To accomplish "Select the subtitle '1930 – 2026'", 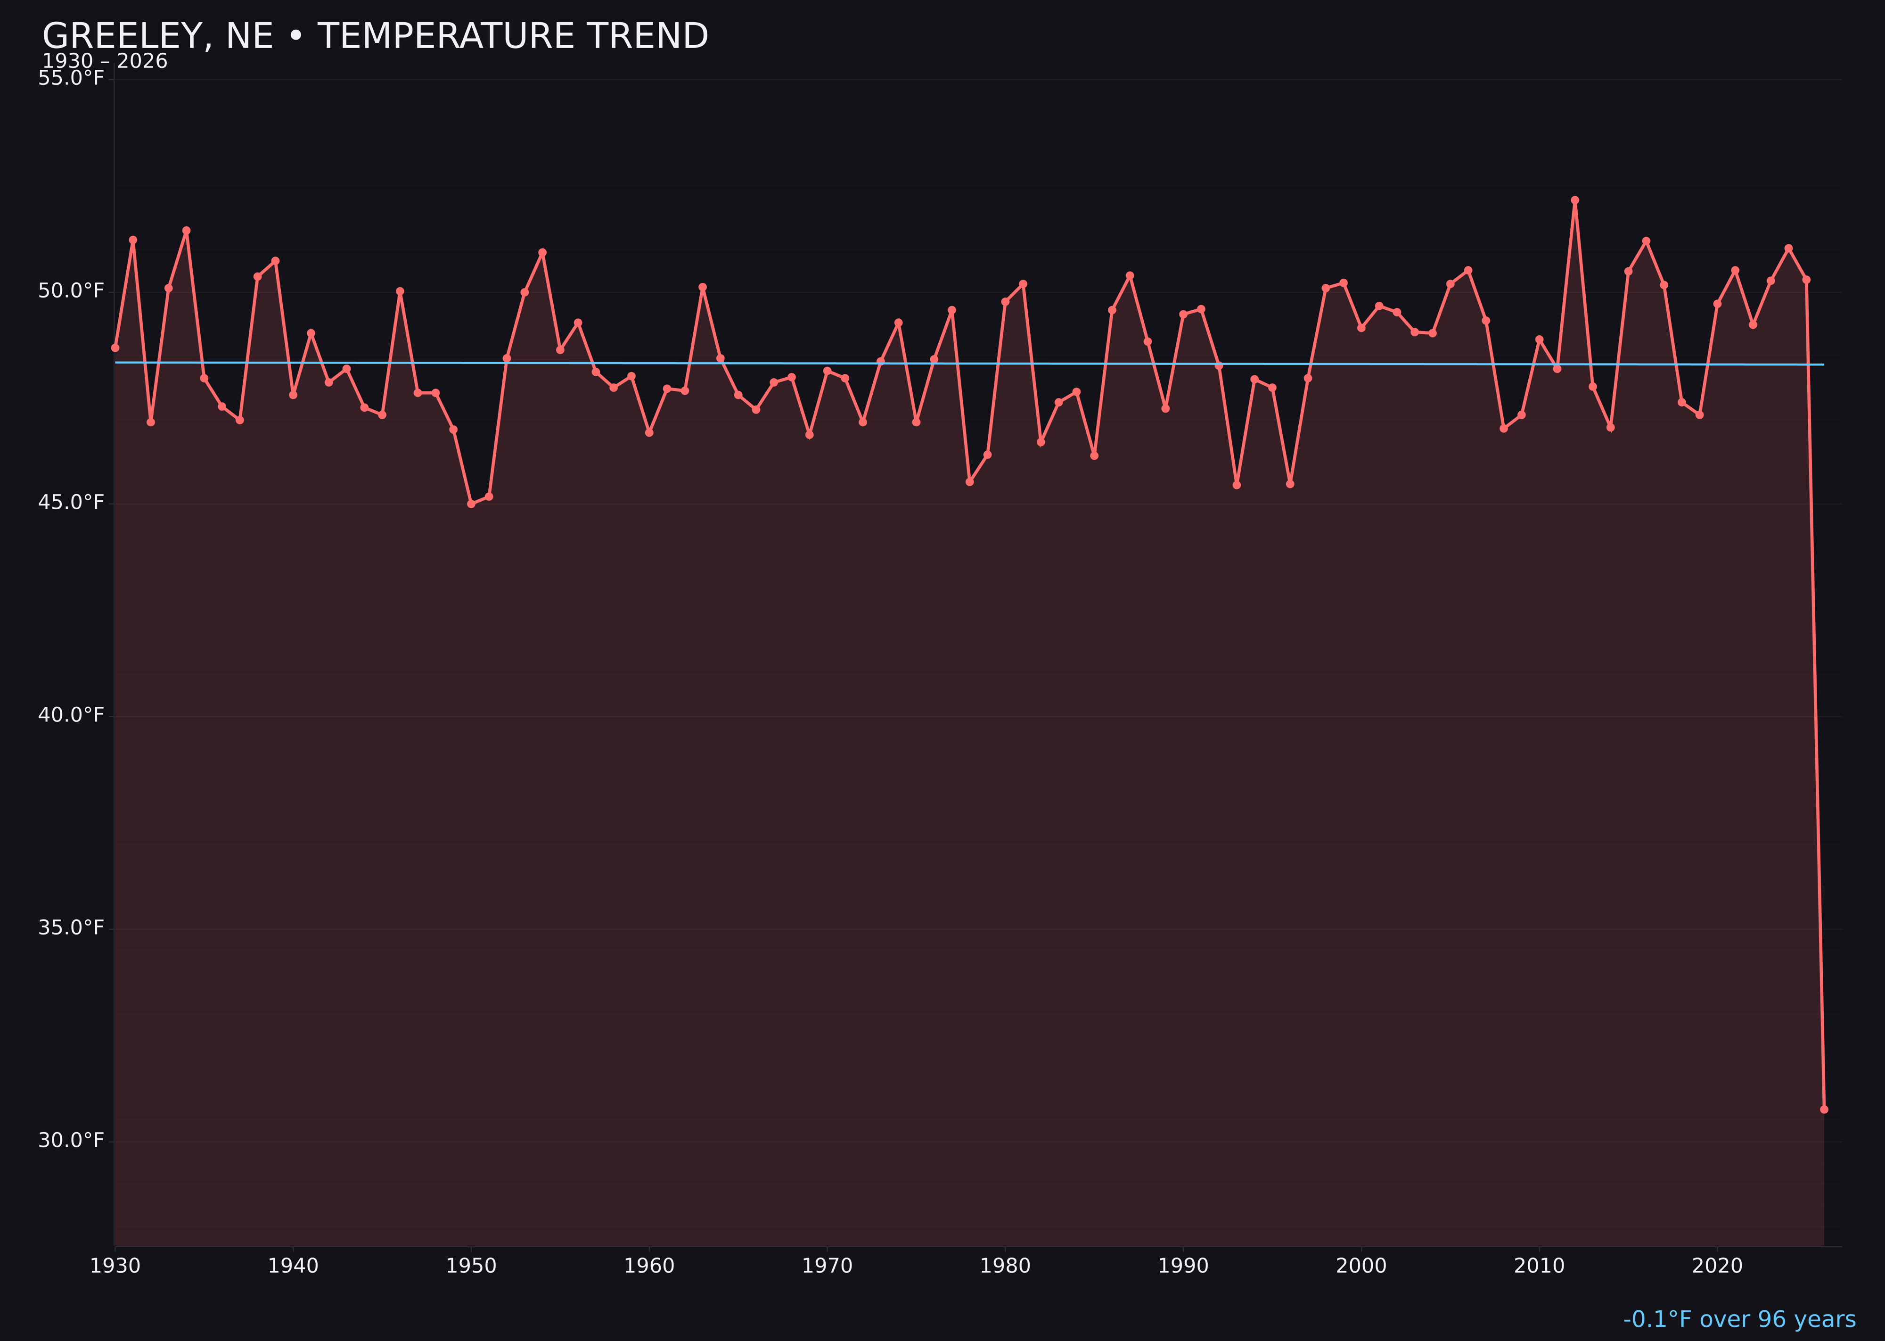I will coord(105,62).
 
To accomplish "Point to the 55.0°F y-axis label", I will coord(71,78).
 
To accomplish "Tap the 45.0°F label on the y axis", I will coord(71,503).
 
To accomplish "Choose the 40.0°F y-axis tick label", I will coord(71,715).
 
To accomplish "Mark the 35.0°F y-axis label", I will coord(71,928).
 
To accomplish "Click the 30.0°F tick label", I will coord(71,1140).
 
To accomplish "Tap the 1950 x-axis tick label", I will coord(471,1266).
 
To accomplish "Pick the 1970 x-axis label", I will coord(827,1266).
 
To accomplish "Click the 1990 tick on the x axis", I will coord(1183,1266).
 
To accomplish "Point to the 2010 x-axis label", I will coord(1539,1266).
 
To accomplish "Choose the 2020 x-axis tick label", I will coord(1717,1266).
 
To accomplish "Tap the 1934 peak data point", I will coord(187,231).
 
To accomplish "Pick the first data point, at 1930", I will coord(115,348).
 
